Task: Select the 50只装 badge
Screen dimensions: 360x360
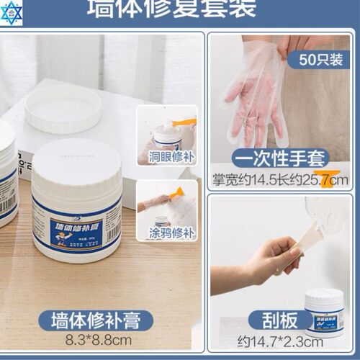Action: pos(317,57)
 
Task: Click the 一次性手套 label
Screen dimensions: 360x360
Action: pos(280,158)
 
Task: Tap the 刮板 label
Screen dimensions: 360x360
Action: pos(280,320)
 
